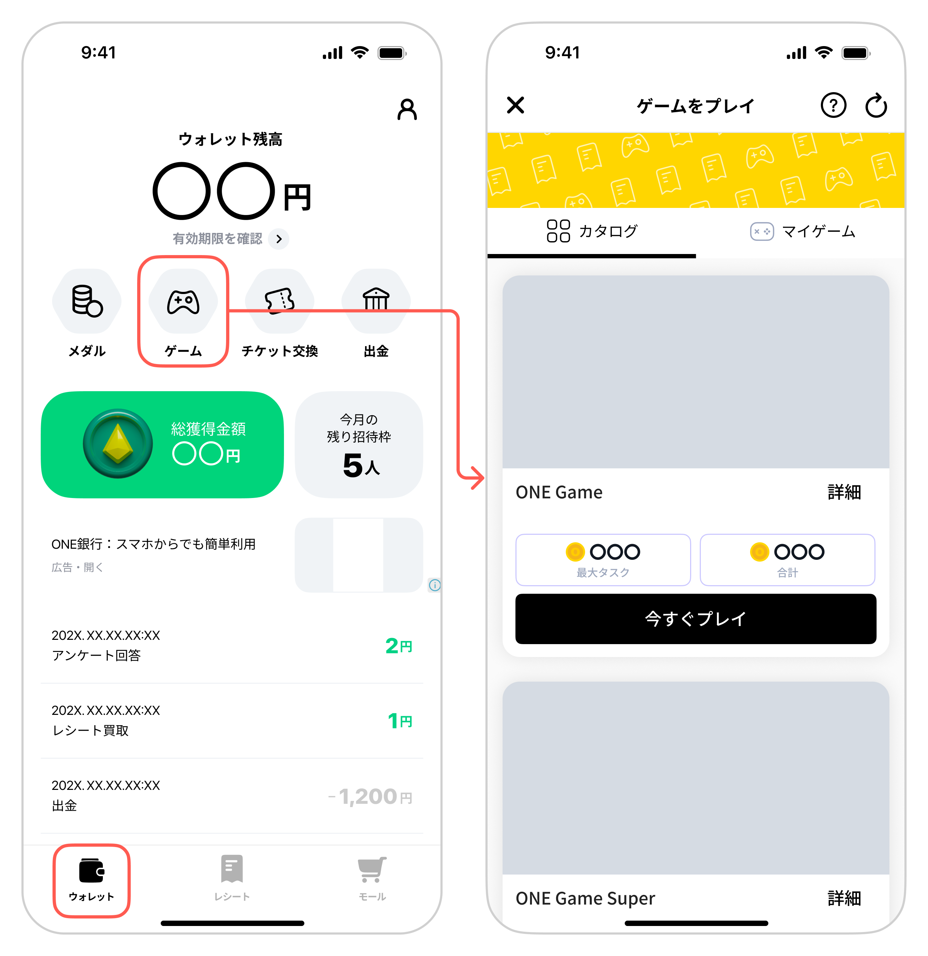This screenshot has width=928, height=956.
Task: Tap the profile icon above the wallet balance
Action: [407, 109]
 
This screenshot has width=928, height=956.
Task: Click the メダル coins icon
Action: [87, 301]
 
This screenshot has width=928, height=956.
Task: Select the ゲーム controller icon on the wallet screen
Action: [183, 302]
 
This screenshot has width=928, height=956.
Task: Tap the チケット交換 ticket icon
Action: [279, 300]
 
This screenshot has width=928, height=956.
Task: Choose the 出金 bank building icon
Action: [376, 299]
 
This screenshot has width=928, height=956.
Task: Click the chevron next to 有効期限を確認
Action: [279, 239]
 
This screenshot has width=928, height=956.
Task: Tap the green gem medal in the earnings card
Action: [118, 443]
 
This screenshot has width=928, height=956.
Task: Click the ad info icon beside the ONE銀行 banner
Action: [434, 585]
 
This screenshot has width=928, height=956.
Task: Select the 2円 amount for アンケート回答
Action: [398, 646]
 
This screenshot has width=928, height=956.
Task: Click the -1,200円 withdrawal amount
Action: [371, 797]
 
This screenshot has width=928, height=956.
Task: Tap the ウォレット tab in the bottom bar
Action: [91, 880]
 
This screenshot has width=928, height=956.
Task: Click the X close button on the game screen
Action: [515, 105]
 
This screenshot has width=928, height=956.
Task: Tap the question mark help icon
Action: [833, 105]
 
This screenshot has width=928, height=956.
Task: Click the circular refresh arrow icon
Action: [876, 105]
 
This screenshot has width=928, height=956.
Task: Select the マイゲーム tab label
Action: [818, 231]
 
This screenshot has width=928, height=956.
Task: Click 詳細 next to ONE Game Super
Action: [844, 898]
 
